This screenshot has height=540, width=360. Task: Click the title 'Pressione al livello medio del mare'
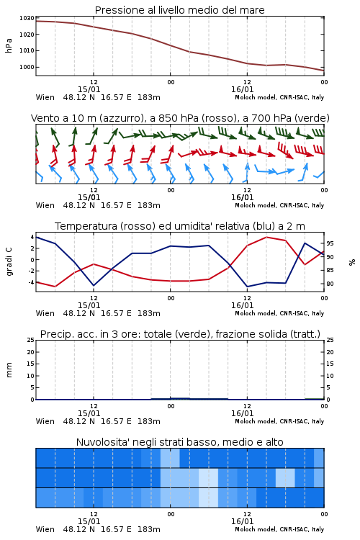(x=179, y=10)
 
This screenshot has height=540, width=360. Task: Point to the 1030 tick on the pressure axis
(x=27, y=18)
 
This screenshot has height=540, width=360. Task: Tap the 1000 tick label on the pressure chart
(x=27, y=67)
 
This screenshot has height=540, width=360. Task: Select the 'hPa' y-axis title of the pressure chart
(x=9, y=45)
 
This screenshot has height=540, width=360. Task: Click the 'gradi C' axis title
(x=9, y=261)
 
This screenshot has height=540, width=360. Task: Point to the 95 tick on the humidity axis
(x=330, y=243)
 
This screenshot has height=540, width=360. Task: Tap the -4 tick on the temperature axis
(x=31, y=282)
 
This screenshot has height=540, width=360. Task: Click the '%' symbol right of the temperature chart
(x=352, y=262)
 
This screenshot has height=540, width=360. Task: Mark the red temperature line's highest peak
(x=266, y=238)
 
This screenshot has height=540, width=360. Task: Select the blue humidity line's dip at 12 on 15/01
(x=94, y=285)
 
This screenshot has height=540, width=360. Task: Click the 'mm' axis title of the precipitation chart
(x=9, y=370)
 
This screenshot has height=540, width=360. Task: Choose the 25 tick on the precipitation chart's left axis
(x=31, y=341)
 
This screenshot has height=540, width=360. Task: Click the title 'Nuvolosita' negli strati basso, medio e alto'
(x=179, y=442)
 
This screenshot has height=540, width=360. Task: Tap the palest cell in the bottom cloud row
(x=208, y=498)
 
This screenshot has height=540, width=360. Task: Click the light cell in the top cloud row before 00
(x=170, y=458)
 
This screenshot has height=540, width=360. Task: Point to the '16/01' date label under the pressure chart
(x=242, y=89)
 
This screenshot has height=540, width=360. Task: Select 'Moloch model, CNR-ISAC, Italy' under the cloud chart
(x=279, y=529)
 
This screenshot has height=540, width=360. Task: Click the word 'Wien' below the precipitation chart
(x=45, y=421)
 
